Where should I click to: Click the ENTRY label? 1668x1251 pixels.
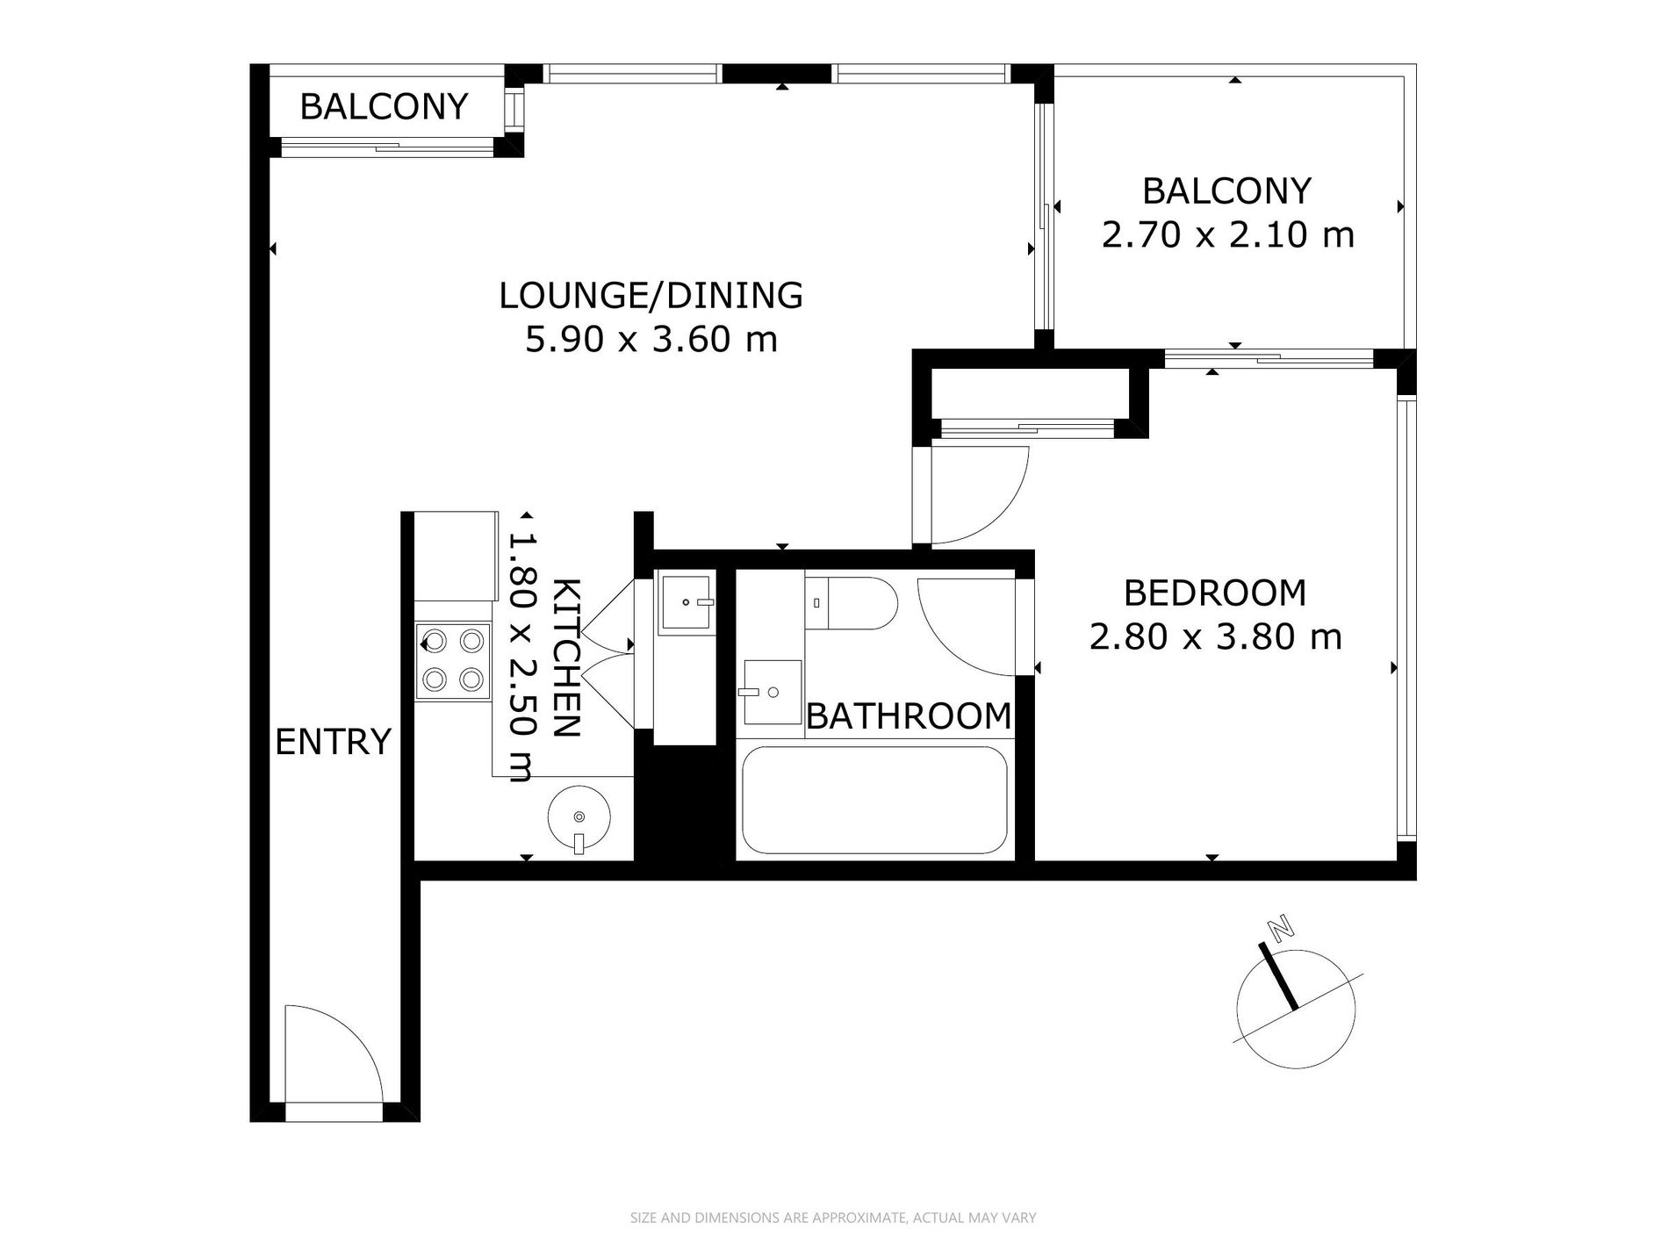333,742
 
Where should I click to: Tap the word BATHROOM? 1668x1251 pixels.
909,716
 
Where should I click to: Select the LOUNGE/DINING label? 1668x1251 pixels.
651,295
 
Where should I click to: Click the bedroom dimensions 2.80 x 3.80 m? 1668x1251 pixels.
1215,636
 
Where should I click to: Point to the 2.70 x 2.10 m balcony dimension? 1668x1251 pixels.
1227,234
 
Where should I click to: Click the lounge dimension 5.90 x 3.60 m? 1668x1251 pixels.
651,339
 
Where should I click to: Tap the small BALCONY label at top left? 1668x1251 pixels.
384,106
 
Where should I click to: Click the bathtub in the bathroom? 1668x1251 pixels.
874,800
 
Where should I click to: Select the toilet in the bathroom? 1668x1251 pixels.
851,603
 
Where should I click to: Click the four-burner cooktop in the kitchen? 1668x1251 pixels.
453,661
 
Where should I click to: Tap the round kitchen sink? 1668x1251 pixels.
578,814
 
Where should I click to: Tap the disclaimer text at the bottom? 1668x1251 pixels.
833,1218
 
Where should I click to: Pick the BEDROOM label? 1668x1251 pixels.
1215,593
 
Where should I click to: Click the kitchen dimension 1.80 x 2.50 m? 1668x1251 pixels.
522,655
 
